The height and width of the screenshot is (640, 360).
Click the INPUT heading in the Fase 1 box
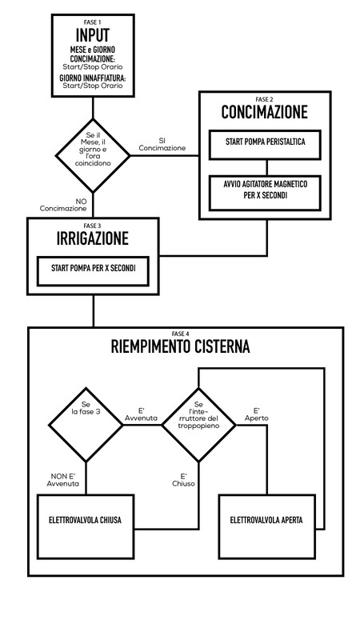point(93,36)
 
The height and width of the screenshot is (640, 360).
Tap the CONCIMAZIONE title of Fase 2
point(265,112)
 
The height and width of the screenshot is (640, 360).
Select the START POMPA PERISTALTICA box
point(265,145)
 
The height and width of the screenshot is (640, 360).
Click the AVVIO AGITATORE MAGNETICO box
point(265,193)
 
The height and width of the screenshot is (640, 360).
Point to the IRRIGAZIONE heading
point(93,238)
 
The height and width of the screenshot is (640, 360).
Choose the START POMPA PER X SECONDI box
point(93,271)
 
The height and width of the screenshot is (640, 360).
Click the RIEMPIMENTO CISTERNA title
point(181,347)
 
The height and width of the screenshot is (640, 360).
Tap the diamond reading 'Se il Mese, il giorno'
point(93,155)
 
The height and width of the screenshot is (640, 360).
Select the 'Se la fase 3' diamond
point(86,425)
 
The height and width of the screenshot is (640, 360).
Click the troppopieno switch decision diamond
point(198,425)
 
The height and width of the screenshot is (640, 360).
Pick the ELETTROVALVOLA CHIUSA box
point(86,526)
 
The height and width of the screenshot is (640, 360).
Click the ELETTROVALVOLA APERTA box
point(267,526)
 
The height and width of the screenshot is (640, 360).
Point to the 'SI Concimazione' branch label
point(162,145)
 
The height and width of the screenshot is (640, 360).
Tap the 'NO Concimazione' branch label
point(63,205)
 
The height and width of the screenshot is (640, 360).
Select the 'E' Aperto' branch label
point(257,414)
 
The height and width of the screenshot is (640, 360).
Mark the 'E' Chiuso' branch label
point(183,480)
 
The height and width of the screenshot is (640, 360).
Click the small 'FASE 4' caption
point(181,334)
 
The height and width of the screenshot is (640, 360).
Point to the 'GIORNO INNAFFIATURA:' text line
point(93,78)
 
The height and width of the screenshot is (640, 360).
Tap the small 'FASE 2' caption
point(264,99)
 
